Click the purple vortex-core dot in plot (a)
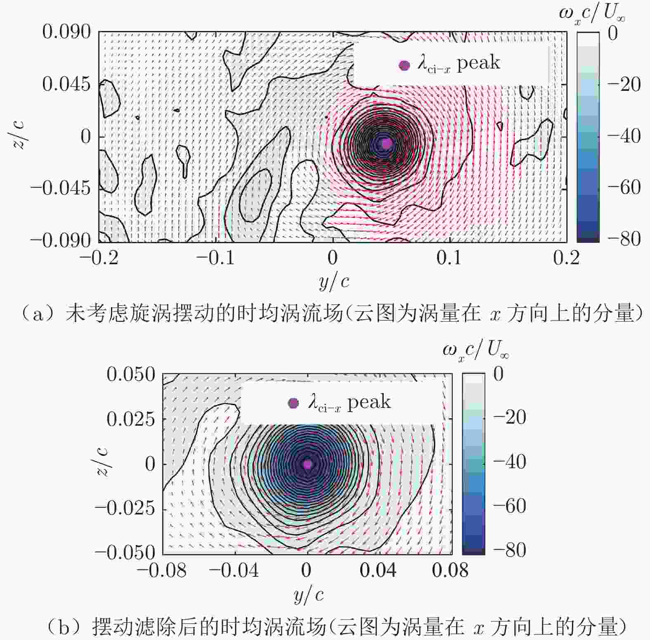coord(386,143)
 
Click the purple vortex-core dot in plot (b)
coord(307,464)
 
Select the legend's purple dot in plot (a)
coord(404,65)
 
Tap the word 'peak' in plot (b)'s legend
coord(369,402)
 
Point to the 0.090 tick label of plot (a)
coord(66,32)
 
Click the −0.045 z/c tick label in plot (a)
coord(60,188)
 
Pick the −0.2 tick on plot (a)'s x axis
coord(99,258)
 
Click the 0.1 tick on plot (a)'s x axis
coord(449,258)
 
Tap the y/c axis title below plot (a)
coord(334,282)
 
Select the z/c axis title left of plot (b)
coord(102,463)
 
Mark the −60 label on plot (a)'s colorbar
coord(623,187)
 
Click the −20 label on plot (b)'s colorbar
coord(509,417)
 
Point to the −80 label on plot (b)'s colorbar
coord(509,550)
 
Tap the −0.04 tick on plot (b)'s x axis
coord(234,570)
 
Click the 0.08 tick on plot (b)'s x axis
coord(450,570)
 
